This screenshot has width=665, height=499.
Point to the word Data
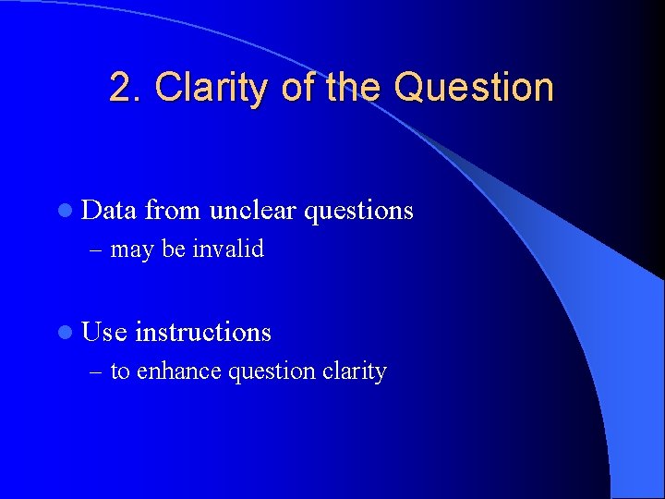click(x=108, y=211)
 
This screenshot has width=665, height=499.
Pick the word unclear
click(x=253, y=211)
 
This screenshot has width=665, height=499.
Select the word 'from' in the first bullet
click(x=174, y=211)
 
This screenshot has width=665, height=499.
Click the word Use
click(x=104, y=332)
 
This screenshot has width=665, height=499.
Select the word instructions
click(x=203, y=332)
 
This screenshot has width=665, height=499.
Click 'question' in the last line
click(x=272, y=371)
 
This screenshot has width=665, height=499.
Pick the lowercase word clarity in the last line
click(x=354, y=371)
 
